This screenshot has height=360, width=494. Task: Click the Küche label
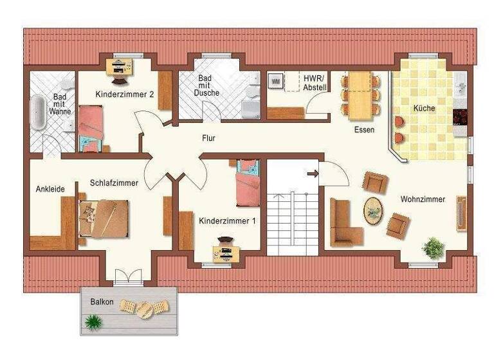pyautogui.click(x=424, y=108)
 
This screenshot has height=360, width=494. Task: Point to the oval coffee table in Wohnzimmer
pyautogui.click(x=373, y=210)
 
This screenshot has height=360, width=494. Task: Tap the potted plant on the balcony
pyautogui.click(x=95, y=321)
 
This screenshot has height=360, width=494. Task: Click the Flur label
pyautogui.click(x=208, y=138)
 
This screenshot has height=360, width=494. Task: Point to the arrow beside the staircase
pyautogui.click(x=313, y=173)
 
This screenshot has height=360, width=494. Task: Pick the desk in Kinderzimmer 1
pyautogui.click(x=226, y=253)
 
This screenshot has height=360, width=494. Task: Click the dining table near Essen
pyautogui.click(x=360, y=94)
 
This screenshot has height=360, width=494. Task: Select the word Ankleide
pyautogui.click(x=51, y=189)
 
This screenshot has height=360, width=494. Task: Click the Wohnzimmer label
pyautogui.click(x=423, y=199)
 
